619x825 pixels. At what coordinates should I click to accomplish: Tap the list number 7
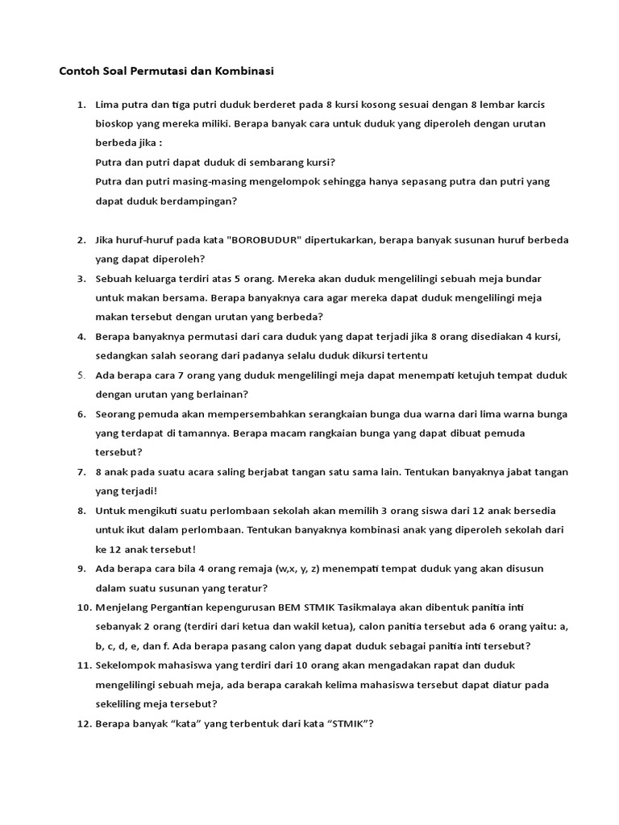pos(81,472)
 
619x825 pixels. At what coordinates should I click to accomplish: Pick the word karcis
pos(532,105)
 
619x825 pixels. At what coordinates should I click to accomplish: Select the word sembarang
pos(266,162)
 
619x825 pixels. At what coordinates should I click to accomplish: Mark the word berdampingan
pos(202,201)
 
